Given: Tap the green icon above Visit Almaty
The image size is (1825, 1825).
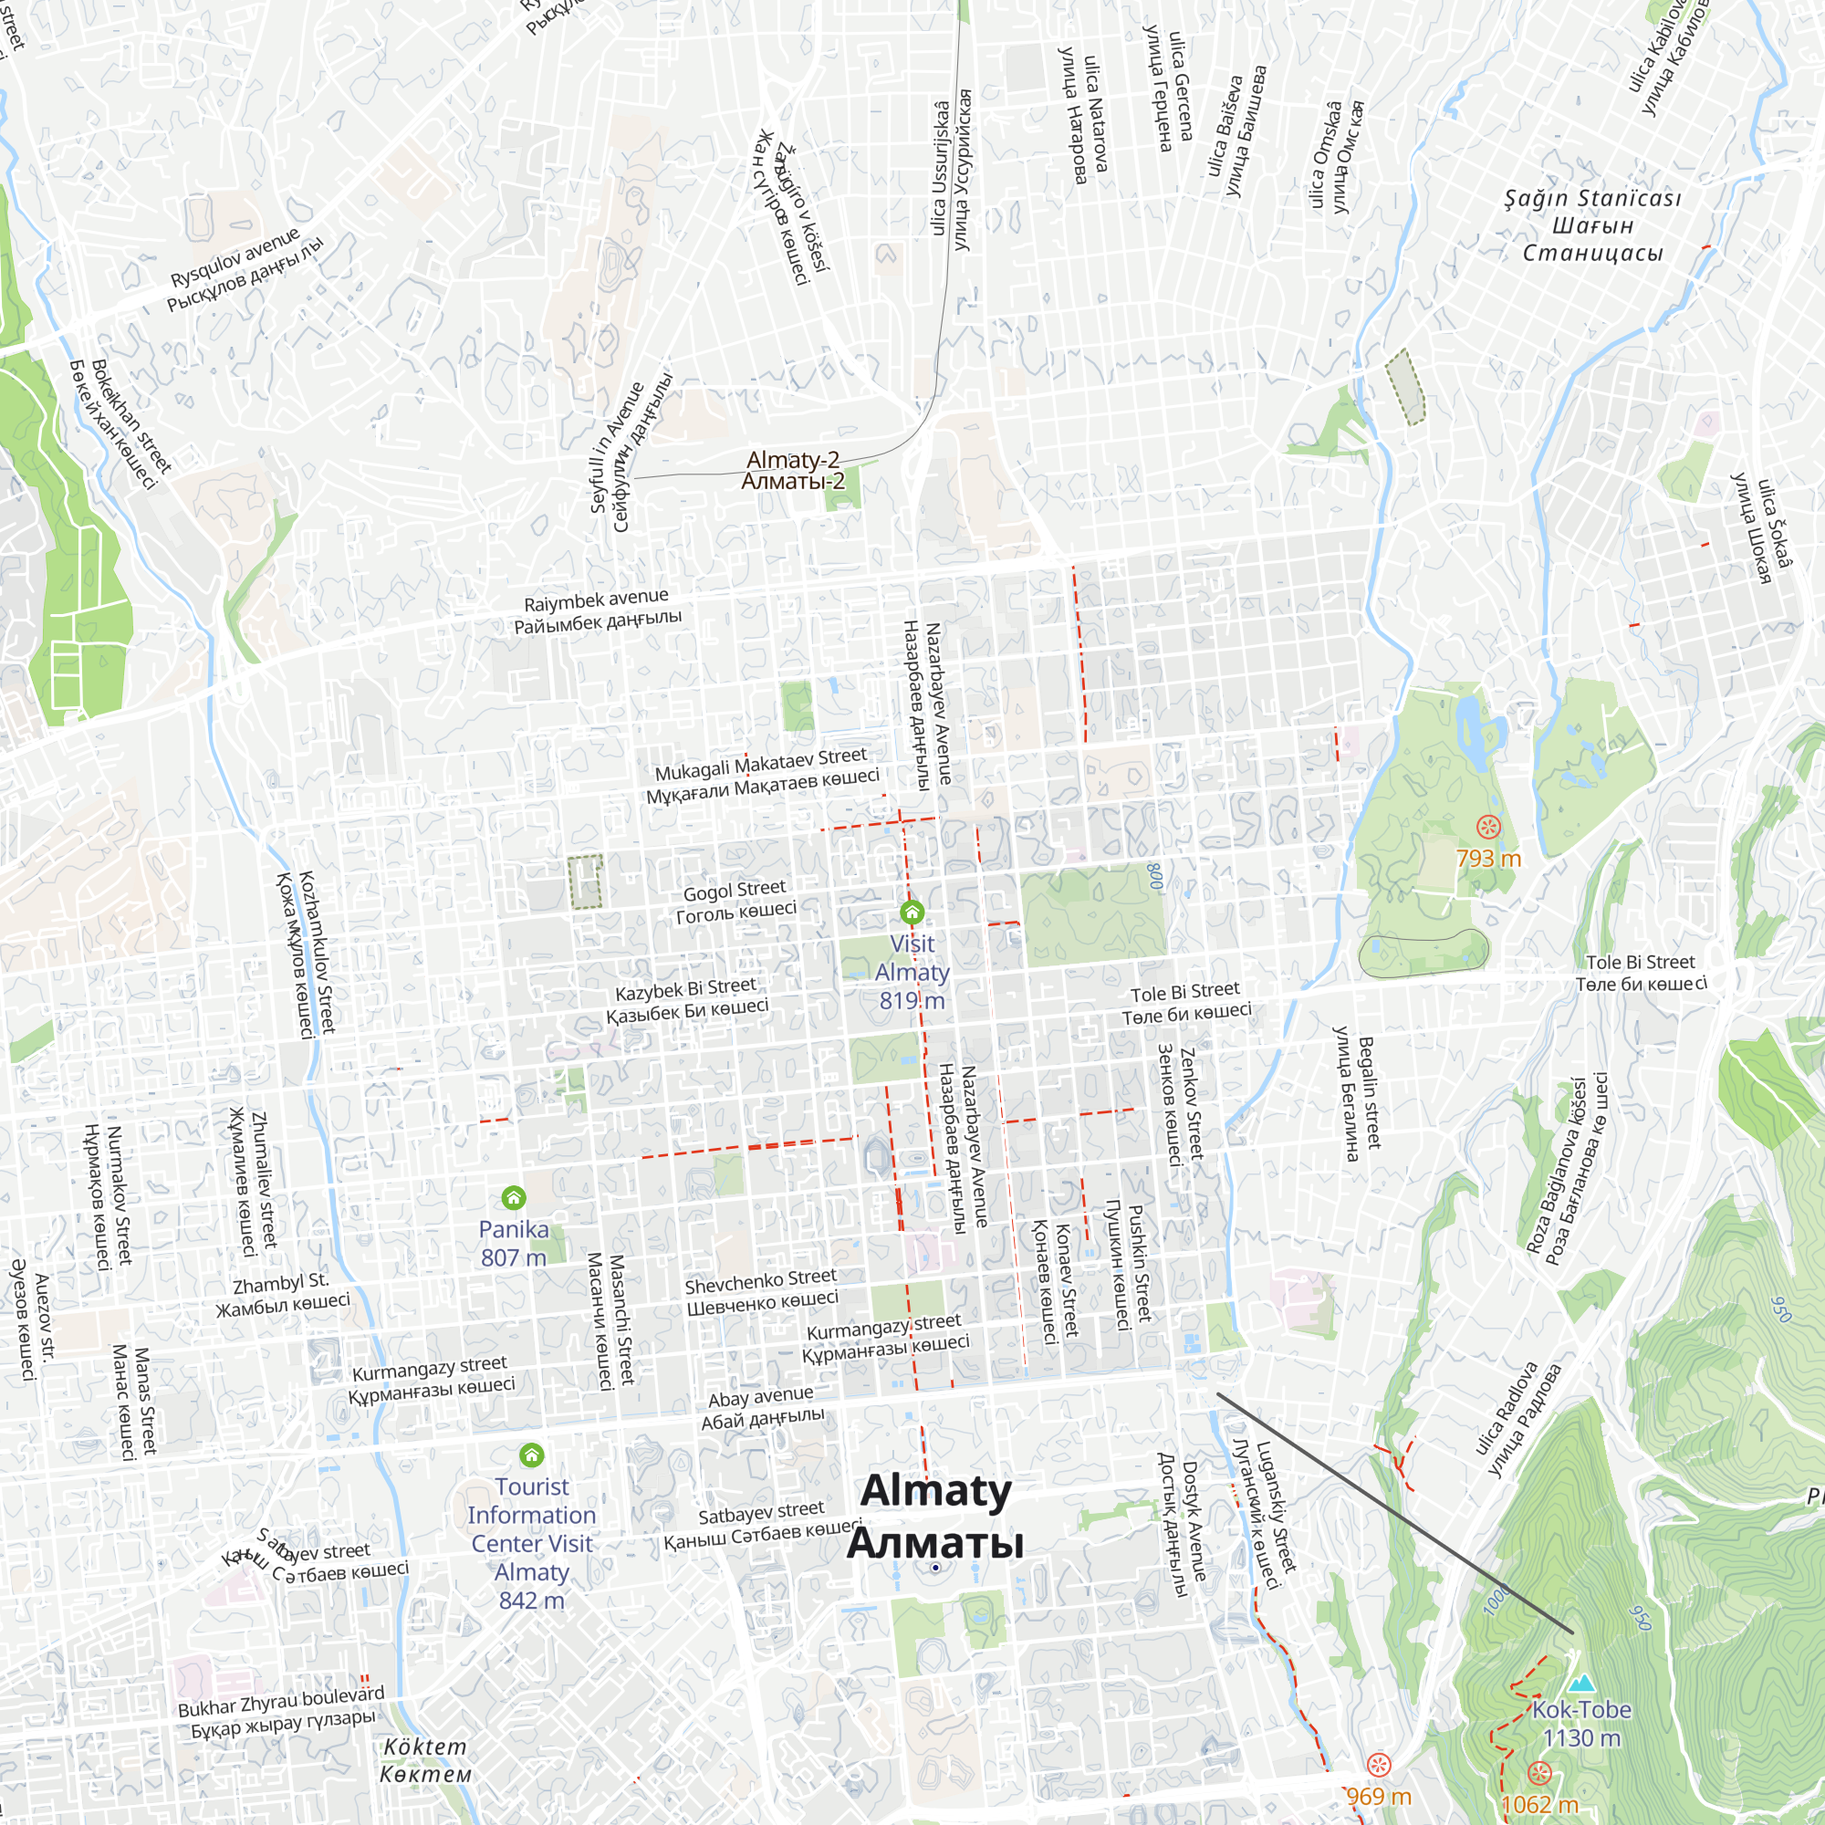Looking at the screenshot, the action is point(912,912).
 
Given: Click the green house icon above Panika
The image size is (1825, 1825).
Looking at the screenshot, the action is point(513,1198).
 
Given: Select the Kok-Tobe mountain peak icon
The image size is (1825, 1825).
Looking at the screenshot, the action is point(1581,1683).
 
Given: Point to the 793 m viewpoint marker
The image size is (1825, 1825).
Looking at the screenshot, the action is point(1488,828).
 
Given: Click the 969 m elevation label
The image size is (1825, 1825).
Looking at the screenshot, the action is point(1378,1797).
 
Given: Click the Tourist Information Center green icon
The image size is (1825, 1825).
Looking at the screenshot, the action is point(532,1455).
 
